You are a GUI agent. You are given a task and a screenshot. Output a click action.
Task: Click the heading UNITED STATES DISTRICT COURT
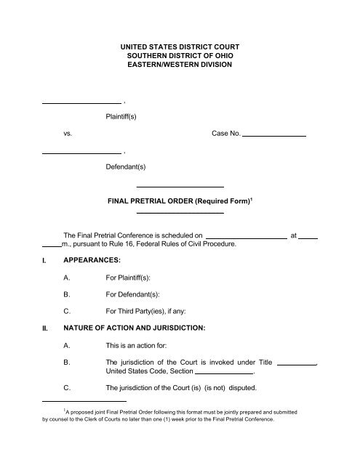pyautogui.click(x=180, y=46)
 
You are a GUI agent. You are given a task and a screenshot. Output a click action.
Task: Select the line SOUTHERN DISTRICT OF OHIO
pyautogui.click(x=180, y=56)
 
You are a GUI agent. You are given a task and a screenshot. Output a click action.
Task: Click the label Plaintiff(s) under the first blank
pyautogui.click(x=126, y=116)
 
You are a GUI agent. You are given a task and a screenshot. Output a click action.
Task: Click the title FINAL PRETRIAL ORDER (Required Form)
pyautogui.click(x=178, y=200)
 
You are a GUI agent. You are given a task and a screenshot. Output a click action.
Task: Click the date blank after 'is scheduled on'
pyautogui.click(x=247, y=236)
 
